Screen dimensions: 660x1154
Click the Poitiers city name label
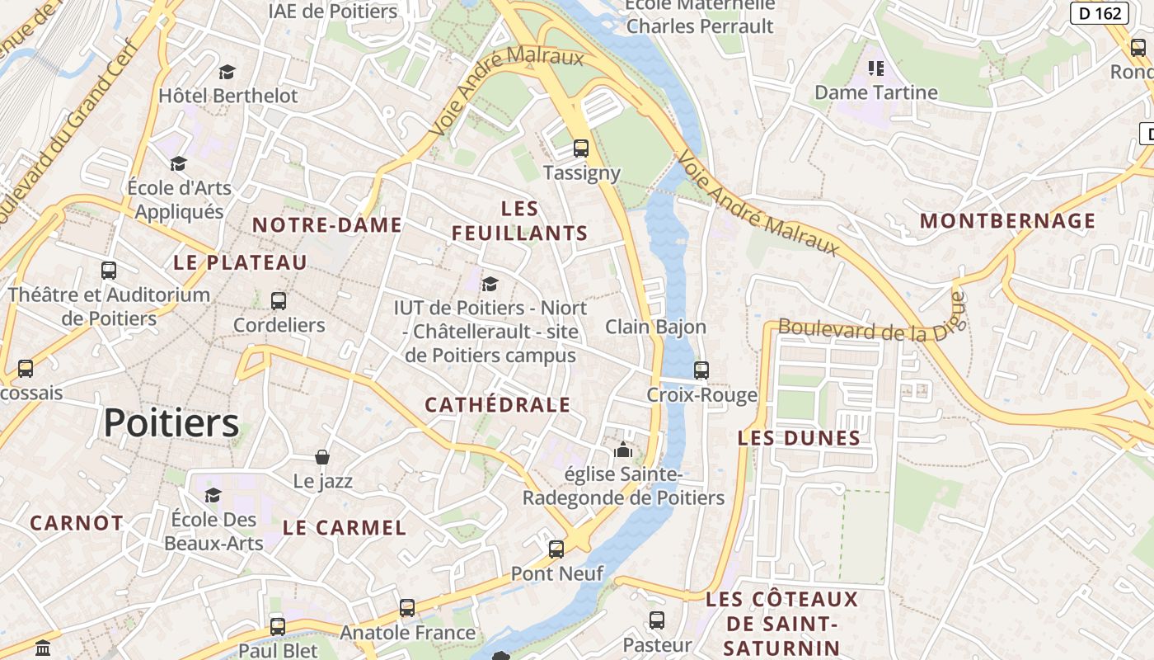click(171, 423)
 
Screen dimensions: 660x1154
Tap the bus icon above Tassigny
click(581, 148)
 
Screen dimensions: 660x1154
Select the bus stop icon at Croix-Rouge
click(701, 370)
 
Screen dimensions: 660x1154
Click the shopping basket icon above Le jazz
click(322, 456)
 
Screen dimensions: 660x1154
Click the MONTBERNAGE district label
click(1007, 221)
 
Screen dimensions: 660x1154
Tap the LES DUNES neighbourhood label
click(799, 438)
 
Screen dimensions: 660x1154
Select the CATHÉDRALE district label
click(497, 404)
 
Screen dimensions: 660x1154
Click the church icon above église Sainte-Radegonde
click(623, 450)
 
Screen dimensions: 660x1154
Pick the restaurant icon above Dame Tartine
click(876, 68)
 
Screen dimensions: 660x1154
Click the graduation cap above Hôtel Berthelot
click(228, 72)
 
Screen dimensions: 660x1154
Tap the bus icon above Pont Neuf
click(556, 549)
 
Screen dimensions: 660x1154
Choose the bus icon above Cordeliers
click(279, 301)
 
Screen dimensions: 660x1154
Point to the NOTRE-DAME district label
click(327, 224)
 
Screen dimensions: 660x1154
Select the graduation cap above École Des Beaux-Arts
click(213, 495)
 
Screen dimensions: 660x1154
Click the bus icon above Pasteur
click(657, 620)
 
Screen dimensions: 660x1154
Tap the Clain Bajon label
click(655, 327)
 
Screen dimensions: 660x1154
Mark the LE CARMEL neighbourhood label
click(345, 528)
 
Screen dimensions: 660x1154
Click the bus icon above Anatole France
click(407, 608)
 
